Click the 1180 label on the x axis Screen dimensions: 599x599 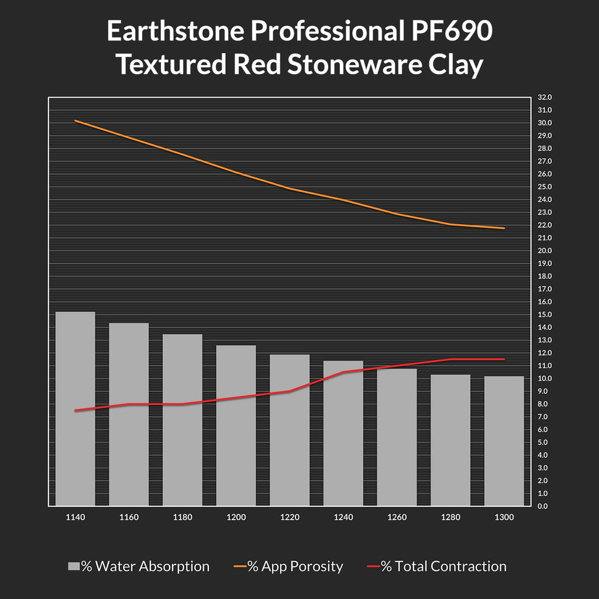click(183, 518)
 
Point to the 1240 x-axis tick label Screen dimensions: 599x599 click(343, 518)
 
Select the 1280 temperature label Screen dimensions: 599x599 click(450, 518)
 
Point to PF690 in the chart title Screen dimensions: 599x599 click(447, 32)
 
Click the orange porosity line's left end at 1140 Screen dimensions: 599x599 click(75, 121)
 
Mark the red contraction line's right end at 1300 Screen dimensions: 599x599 click(504, 359)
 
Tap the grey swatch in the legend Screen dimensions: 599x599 click(74, 566)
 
